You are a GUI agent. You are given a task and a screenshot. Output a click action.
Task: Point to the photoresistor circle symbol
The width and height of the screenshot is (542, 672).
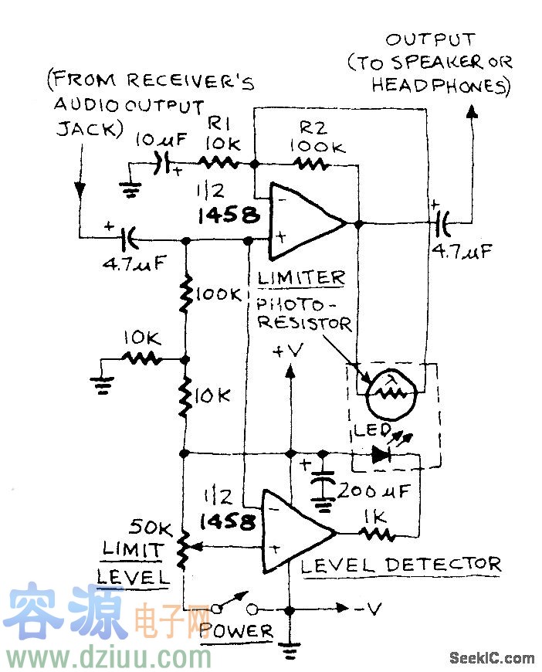click(x=393, y=392)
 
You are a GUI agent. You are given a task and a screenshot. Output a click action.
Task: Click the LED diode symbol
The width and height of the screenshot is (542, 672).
click(x=381, y=454)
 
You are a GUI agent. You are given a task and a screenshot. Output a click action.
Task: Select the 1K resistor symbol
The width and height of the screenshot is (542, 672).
click(x=378, y=532)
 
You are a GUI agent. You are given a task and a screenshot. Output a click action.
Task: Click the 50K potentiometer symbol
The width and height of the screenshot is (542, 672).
click(x=184, y=547)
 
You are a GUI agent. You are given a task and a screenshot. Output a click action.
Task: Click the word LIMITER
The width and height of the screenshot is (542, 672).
click(x=301, y=277)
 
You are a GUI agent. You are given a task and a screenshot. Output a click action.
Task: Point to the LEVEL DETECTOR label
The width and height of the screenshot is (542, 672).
click(x=400, y=565)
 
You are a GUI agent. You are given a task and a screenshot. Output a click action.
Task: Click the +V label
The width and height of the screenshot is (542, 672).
click(x=289, y=351)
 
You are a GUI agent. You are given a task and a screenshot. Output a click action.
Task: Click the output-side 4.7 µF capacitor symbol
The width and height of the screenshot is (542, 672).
click(x=441, y=223)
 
